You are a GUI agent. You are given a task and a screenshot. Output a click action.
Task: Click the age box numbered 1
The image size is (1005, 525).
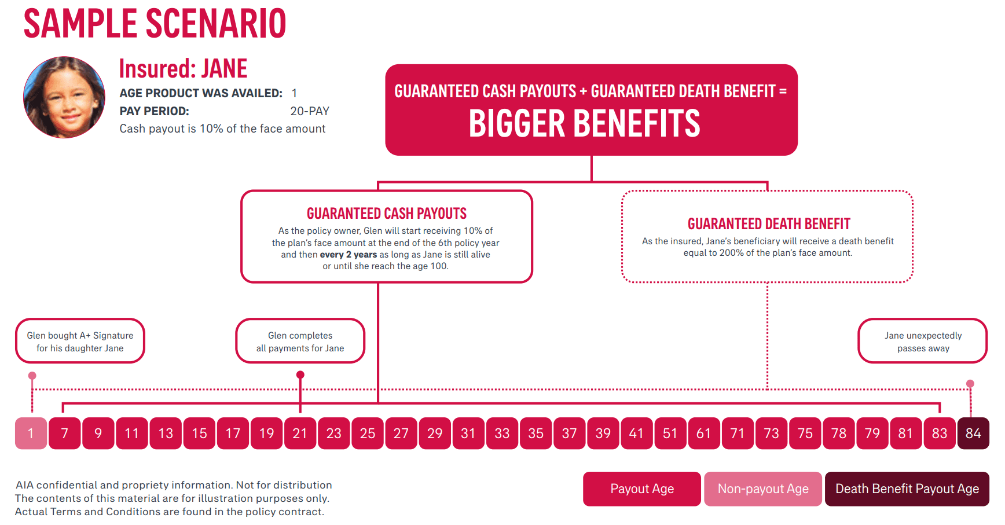(x=31, y=434)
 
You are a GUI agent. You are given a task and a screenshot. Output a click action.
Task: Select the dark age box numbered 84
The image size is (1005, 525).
(x=973, y=434)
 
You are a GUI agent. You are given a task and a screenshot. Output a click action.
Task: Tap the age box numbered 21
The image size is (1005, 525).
(x=300, y=434)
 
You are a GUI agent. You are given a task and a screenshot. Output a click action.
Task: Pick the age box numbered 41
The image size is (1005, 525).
(x=636, y=434)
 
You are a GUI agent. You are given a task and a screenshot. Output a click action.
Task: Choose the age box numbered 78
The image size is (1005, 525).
(x=838, y=434)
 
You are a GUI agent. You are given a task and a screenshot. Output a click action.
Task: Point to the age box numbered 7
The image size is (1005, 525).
(x=64, y=434)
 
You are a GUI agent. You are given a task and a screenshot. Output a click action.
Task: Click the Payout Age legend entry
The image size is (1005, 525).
(x=641, y=489)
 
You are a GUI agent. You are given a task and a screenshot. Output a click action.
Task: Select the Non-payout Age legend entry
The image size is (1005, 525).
(x=762, y=489)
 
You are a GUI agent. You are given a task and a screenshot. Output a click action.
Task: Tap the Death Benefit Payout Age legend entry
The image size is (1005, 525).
(x=907, y=489)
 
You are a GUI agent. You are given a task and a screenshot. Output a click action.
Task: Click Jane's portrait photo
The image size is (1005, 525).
(x=64, y=97)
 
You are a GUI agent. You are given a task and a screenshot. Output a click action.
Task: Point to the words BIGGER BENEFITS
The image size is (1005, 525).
(x=584, y=124)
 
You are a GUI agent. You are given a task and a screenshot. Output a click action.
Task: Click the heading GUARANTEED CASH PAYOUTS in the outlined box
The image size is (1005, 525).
(x=387, y=214)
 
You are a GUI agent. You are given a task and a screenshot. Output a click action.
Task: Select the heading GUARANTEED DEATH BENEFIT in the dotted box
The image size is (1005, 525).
(x=769, y=224)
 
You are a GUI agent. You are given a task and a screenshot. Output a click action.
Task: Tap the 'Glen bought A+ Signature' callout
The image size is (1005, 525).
(x=80, y=342)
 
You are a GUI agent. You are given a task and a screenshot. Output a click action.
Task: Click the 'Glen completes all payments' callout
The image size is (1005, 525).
(x=300, y=342)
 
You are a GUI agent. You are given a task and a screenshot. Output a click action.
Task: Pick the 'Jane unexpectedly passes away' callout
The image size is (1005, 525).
(x=923, y=342)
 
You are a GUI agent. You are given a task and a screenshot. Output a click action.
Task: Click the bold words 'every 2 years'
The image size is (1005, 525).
(x=348, y=255)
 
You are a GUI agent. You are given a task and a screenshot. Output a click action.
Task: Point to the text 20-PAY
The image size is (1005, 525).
(x=309, y=111)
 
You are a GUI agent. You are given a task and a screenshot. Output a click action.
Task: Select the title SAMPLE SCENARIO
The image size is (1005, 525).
(x=155, y=24)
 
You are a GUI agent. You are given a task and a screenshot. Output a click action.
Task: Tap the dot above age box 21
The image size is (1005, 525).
(x=300, y=375)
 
